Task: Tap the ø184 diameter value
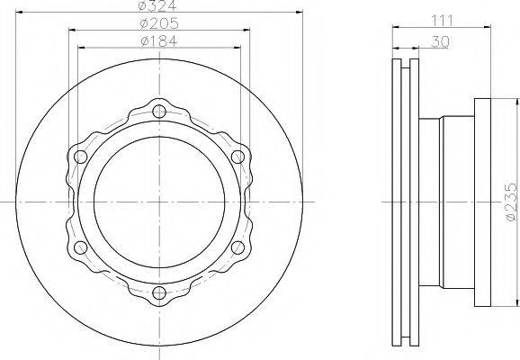click(x=159, y=41)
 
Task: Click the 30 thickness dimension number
click(x=440, y=41)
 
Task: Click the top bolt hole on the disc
click(x=159, y=112)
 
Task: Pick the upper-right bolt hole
click(x=238, y=157)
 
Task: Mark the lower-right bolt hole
click(x=238, y=247)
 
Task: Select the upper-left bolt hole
click(x=81, y=157)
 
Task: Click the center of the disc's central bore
click(x=159, y=202)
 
